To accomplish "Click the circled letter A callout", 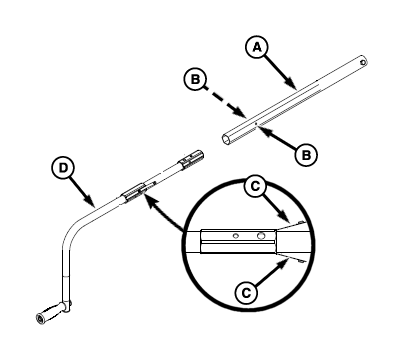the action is (x=256, y=48).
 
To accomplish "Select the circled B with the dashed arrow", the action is (x=195, y=80).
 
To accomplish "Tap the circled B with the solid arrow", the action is (x=306, y=155).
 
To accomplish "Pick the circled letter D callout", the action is (x=63, y=168).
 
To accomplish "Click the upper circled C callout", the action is (x=255, y=186).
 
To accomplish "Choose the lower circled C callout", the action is (x=246, y=293).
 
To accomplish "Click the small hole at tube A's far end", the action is (x=362, y=62).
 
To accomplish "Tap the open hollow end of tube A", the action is (x=227, y=139).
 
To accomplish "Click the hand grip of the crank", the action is (x=49, y=312).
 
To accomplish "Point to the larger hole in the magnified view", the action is (x=261, y=236).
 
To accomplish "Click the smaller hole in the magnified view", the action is (x=236, y=236).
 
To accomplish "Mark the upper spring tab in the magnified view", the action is (x=292, y=224).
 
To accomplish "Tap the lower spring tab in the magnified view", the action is (x=292, y=259).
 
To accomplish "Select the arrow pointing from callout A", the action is (x=281, y=73).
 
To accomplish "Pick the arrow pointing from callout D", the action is (x=82, y=191).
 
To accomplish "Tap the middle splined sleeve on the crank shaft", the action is (x=135, y=193).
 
